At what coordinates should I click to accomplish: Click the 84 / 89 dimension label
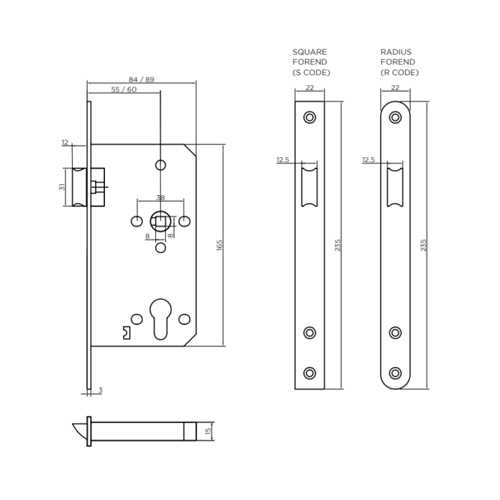coord(141,79)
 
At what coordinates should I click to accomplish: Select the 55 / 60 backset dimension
coord(124,89)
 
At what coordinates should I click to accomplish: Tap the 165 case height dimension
coord(219,245)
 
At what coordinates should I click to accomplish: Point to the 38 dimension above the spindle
coord(161,198)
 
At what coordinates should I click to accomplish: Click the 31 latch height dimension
coord(62,187)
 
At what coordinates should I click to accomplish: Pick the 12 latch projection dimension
coord(65,142)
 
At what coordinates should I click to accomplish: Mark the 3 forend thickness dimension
coord(101,390)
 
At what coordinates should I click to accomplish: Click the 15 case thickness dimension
coord(209,431)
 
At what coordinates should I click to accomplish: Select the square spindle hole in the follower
coord(161,221)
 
